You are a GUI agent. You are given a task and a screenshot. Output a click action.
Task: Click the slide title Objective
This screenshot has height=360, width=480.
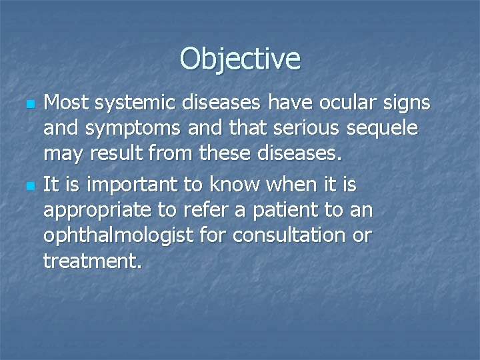(240, 59)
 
